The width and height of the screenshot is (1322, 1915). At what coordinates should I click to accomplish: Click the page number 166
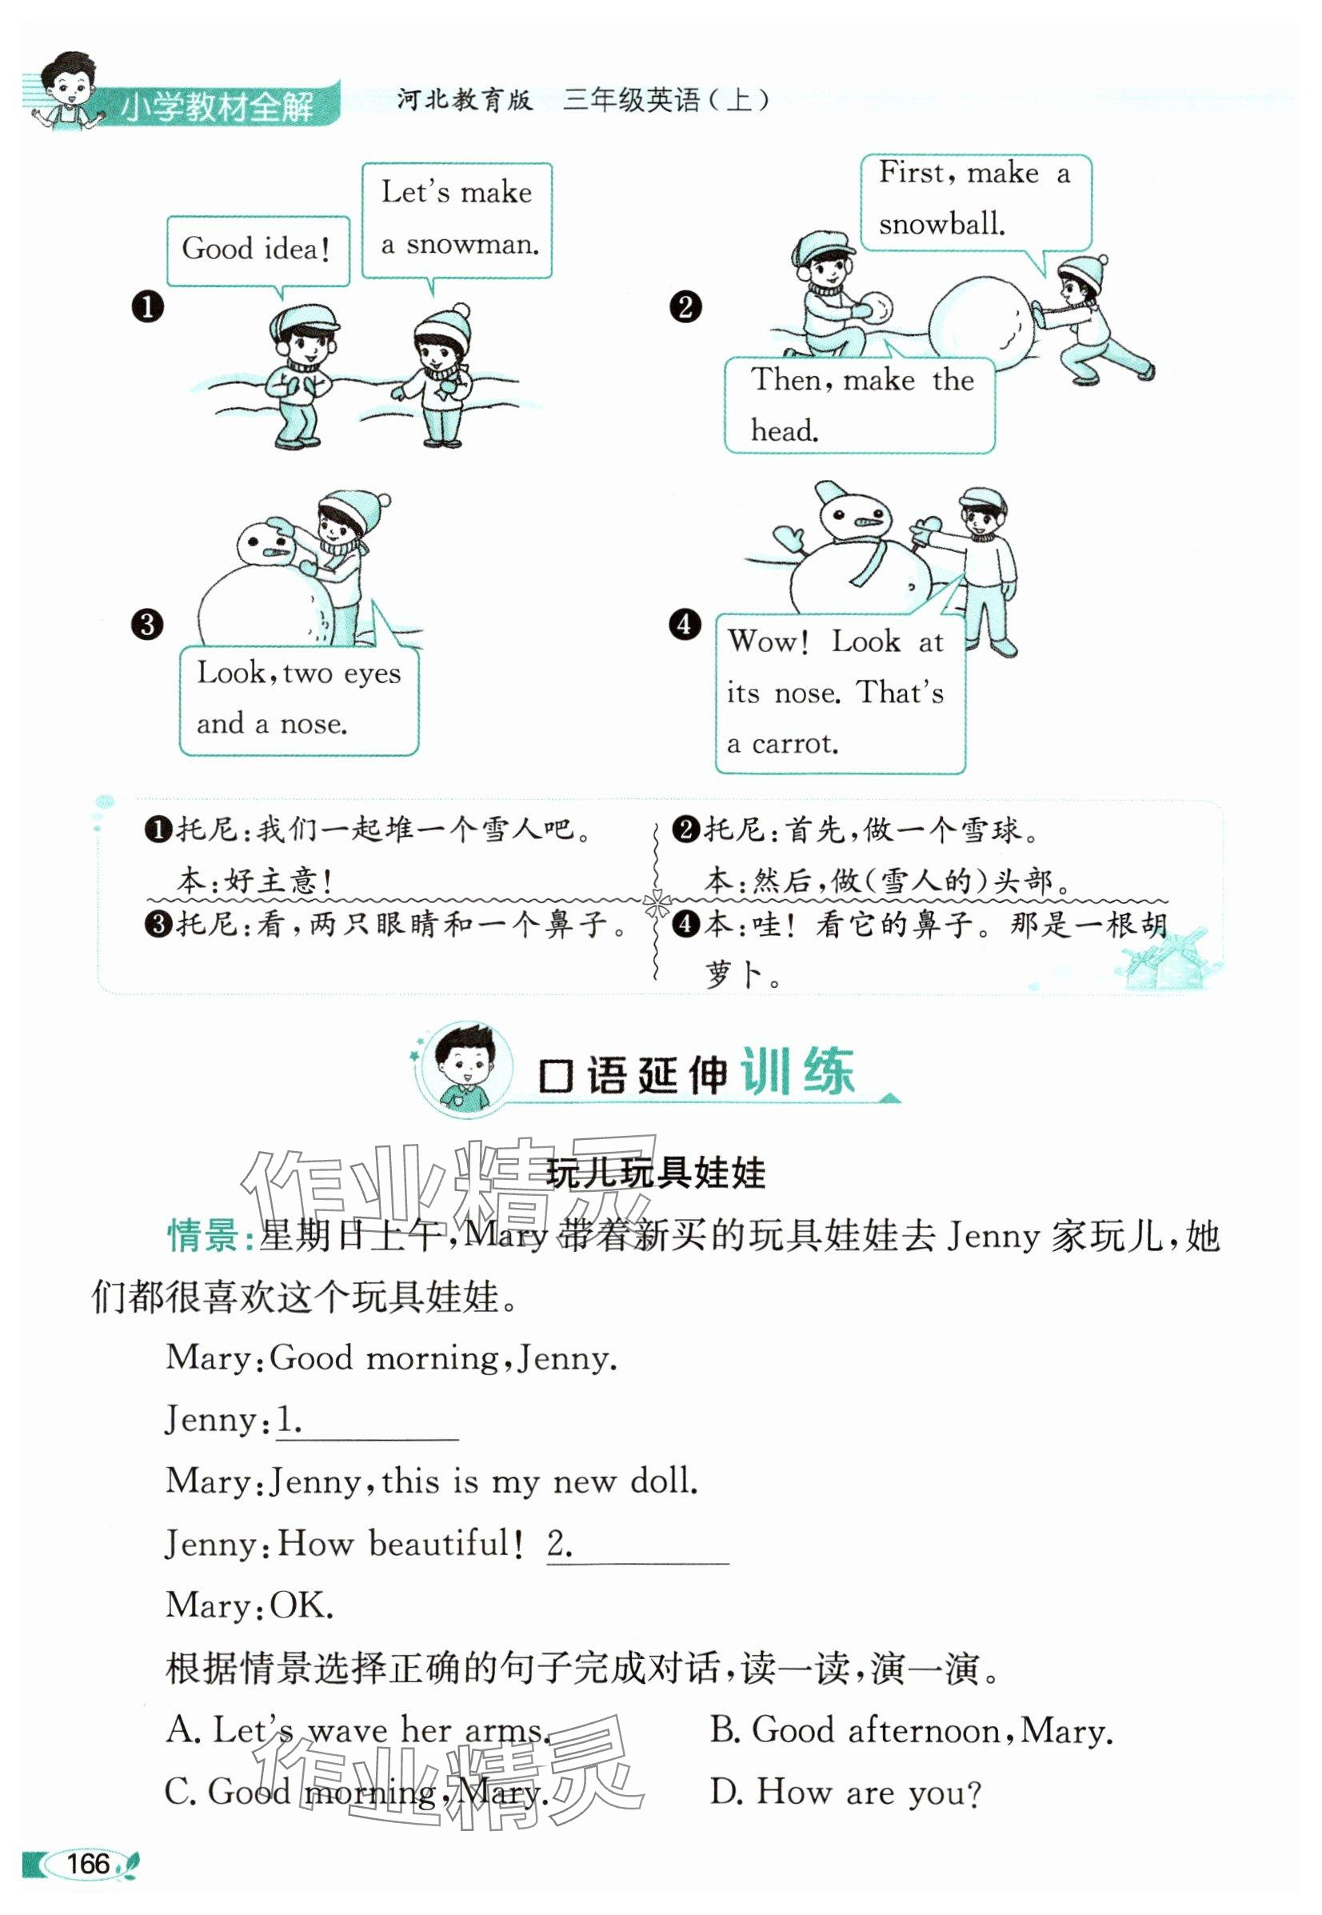[x=88, y=1864]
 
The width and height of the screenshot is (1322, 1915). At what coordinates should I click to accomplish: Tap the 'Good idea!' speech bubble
[x=257, y=250]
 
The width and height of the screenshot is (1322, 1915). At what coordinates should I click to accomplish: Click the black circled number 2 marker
[x=685, y=307]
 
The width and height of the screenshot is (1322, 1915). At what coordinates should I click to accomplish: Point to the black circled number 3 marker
[x=147, y=623]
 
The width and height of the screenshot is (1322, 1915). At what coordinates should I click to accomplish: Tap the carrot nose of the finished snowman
[x=868, y=522]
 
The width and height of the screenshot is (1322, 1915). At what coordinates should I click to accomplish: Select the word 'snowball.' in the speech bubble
[x=942, y=225]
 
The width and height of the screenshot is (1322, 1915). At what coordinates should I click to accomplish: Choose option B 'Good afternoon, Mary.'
[x=911, y=1732]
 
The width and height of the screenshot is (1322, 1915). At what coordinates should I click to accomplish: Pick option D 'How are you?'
[x=845, y=1793]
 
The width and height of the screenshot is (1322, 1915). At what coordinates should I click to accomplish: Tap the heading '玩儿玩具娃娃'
[x=656, y=1173]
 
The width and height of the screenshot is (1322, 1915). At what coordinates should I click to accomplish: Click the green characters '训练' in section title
[x=797, y=1073]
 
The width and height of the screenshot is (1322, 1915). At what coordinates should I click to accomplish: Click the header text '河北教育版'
[x=465, y=100]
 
